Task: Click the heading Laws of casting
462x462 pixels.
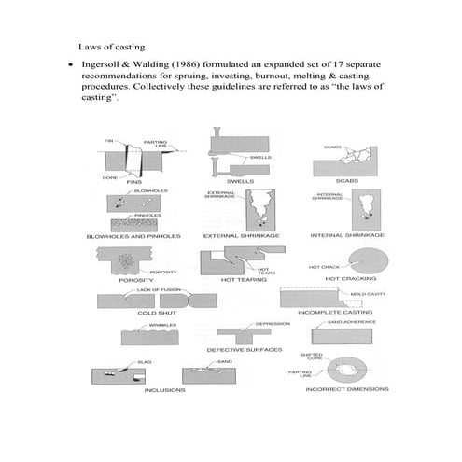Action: tap(115, 45)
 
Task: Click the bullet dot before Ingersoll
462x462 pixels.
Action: tap(69, 63)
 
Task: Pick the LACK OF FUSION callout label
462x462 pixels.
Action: tap(152, 290)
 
